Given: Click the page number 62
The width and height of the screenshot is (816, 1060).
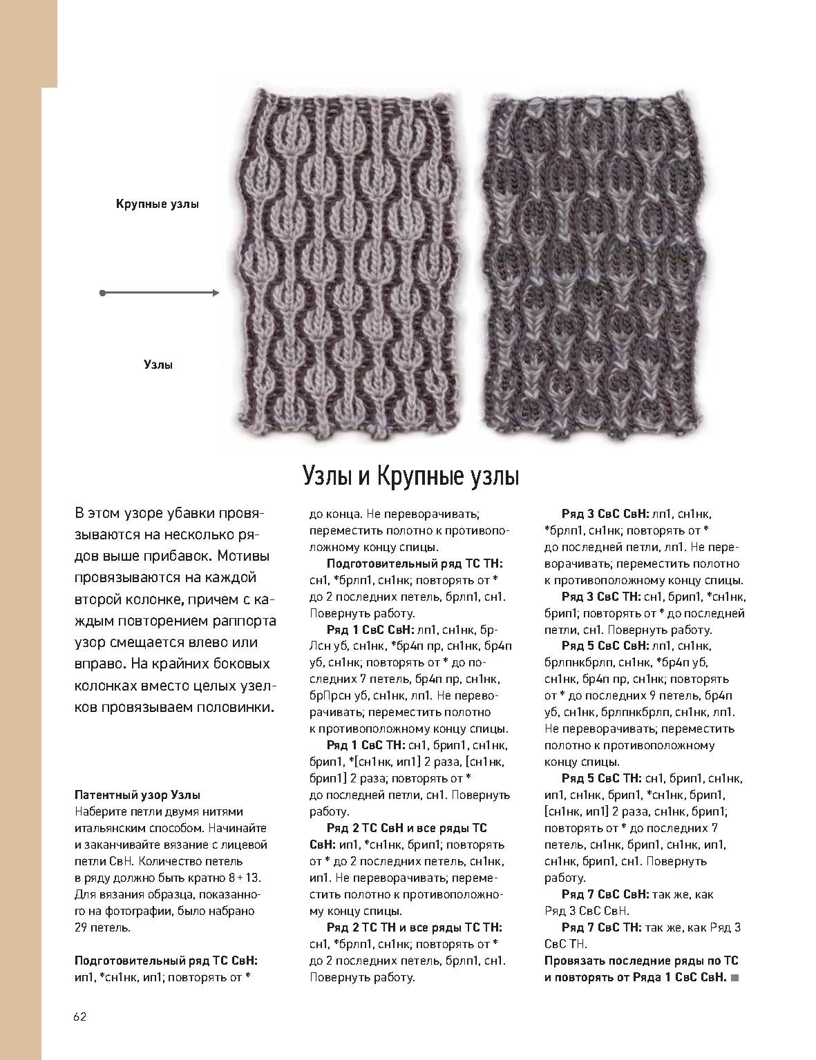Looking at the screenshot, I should [79, 1016].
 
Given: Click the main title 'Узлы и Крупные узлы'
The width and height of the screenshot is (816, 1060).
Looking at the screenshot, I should [411, 477].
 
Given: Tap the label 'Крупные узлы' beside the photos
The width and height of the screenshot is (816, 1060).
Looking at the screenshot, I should [158, 205].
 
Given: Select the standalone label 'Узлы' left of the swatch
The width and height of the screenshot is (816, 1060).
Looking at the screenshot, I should [158, 365].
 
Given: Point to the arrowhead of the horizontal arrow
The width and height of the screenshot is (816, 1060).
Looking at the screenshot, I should [216, 293].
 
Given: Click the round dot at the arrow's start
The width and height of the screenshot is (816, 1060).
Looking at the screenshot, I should [103, 293].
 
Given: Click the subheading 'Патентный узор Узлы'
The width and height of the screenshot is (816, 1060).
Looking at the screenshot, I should [137, 795].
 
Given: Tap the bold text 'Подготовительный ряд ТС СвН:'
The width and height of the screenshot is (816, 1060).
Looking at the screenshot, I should [166, 961].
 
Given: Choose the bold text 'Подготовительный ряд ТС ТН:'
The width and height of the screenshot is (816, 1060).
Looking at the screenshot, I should [415, 563].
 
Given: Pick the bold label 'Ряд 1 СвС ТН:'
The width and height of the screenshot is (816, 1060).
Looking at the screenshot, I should [366, 745].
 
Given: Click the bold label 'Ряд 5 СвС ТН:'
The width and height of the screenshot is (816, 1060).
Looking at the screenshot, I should [600, 778].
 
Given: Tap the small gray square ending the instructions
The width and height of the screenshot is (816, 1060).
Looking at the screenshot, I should [734, 978].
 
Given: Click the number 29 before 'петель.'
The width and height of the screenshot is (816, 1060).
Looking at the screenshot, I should [81, 927].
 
